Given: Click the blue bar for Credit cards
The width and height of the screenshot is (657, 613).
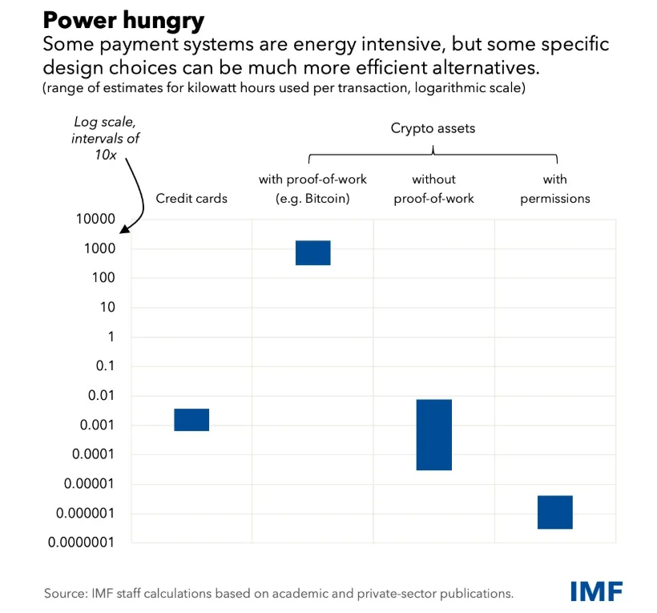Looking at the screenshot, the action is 191,419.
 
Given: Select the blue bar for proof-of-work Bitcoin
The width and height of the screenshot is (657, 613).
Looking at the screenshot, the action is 313,252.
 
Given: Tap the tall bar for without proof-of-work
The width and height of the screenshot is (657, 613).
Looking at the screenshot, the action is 434,434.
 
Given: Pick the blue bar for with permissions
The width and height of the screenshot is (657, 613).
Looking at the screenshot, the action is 555,512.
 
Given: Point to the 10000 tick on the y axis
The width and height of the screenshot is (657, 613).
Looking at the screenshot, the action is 95,219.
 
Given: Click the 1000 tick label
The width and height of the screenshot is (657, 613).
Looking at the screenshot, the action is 99,248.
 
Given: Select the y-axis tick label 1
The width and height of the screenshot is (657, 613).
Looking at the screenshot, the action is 111,337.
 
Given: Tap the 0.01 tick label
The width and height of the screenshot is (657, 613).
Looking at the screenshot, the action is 101,395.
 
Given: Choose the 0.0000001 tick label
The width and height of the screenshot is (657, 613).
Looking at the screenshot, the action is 81,542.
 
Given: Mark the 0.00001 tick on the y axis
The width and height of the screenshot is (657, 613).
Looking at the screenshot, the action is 89,483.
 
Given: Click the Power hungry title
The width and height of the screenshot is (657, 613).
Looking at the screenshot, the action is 123,21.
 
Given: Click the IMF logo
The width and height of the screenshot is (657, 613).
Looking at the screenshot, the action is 597,591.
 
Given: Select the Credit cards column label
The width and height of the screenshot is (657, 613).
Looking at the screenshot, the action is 191,198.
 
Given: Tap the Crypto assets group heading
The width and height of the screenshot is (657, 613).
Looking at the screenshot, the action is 433,128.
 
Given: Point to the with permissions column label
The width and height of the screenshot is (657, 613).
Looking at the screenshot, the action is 555,188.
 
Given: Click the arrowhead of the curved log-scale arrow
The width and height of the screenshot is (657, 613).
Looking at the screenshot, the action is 124,229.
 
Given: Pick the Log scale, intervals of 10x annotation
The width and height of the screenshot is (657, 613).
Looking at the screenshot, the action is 105,139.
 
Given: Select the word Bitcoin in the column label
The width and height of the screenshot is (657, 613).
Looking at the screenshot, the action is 327,198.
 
